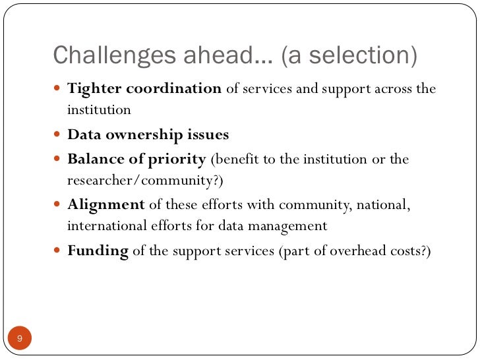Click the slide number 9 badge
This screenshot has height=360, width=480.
20,338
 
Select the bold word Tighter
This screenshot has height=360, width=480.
92,89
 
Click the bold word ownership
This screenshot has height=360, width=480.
140,135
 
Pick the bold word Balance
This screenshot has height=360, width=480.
92,160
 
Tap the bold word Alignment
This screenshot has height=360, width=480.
105,205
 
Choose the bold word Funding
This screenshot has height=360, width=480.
98,251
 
